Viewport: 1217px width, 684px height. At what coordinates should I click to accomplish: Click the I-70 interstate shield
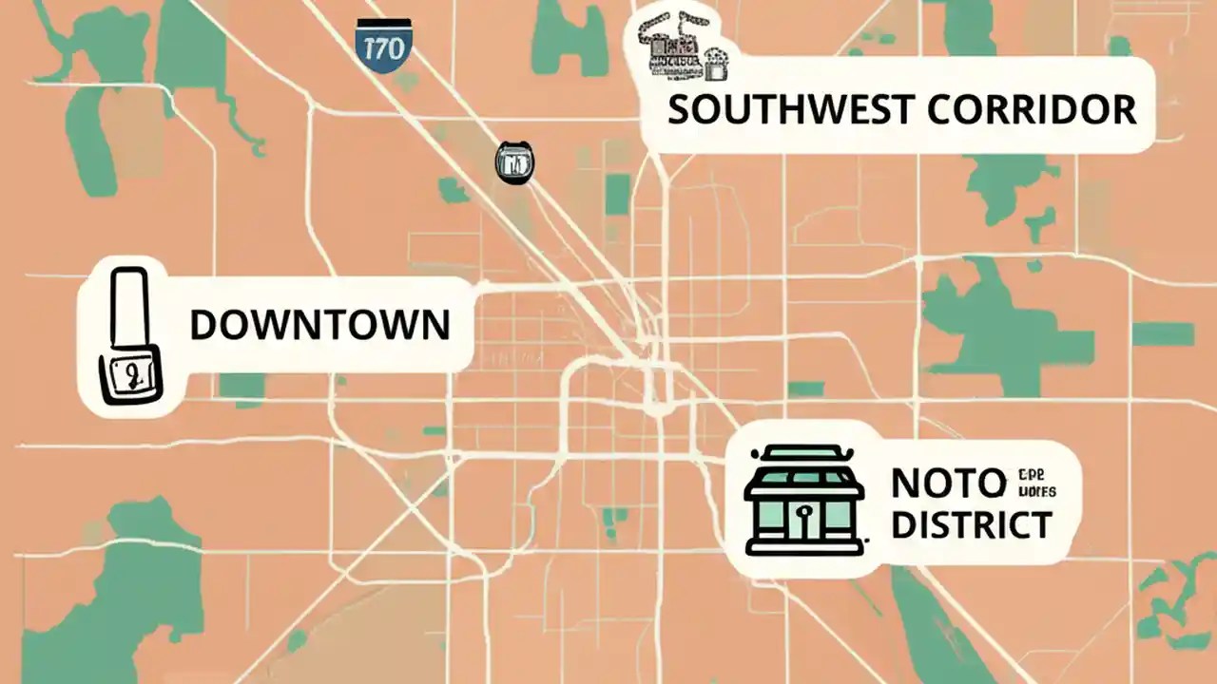[384, 42]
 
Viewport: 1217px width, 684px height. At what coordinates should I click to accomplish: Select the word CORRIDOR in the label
[1032, 109]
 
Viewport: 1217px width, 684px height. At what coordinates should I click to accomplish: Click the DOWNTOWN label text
[319, 325]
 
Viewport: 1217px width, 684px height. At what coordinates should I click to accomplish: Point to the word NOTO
[948, 484]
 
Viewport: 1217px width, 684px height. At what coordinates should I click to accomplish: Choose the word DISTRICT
[972, 524]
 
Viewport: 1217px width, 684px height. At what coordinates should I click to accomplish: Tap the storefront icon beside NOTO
[804, 501]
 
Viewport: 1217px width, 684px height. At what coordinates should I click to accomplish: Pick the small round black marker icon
[514, 162]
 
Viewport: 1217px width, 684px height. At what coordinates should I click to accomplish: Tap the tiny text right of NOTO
[1037, 484]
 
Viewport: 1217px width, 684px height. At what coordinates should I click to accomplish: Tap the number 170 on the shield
[384, 48]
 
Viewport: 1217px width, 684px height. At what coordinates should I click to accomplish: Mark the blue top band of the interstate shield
[384, 24]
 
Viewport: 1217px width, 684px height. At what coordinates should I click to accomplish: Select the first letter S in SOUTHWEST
[678, 109]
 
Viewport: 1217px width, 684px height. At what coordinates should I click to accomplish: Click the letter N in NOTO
[904, 484]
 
